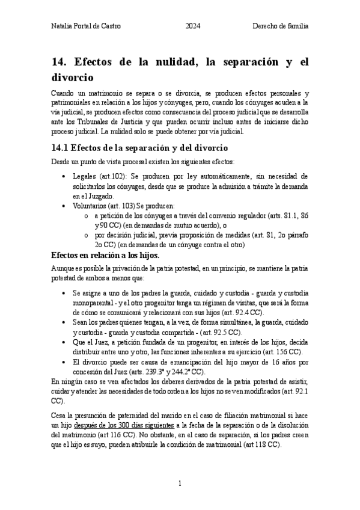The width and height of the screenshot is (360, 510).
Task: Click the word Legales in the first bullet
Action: point(85,176)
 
